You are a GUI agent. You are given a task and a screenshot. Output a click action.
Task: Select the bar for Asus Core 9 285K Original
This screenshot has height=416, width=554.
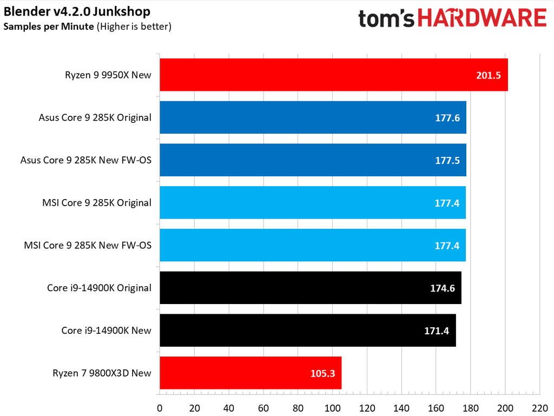(313, 117)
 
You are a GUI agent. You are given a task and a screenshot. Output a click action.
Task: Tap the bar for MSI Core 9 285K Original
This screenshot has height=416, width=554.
(313, 202)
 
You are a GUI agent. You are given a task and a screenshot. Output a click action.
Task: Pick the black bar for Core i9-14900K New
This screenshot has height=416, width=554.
(307, 330)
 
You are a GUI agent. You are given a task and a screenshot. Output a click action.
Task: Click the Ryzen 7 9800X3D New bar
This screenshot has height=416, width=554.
(250, 373)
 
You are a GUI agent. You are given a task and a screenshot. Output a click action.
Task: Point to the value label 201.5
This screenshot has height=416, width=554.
(489, 75)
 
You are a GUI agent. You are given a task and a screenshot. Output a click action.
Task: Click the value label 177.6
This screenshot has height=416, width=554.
(447, 117)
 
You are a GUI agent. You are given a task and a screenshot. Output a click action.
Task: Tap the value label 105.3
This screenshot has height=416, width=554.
(323, 373)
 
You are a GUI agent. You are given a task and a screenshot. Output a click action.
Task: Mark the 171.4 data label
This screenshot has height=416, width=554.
(437, 331)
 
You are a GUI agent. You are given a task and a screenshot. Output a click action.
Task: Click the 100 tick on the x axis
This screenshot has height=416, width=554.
(332, 407)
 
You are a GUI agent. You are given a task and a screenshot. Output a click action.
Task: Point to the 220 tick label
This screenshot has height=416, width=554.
(539, 407)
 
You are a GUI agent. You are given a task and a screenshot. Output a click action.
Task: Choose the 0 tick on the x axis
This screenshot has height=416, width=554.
(160, 407)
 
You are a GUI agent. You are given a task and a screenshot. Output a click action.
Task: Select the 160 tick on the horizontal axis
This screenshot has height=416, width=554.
(436, 407)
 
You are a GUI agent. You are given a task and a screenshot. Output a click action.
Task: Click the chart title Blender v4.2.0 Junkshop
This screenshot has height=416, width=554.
(77, 11)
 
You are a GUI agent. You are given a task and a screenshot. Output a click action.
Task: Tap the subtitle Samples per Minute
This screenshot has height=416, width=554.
(49, 26)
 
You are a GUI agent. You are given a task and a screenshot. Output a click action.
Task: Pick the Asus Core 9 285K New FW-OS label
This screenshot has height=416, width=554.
(85, 160)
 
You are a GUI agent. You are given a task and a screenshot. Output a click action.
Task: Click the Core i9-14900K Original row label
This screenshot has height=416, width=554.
(99, 288)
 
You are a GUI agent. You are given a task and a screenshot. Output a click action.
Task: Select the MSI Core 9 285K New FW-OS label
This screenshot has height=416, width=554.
(88, 245)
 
